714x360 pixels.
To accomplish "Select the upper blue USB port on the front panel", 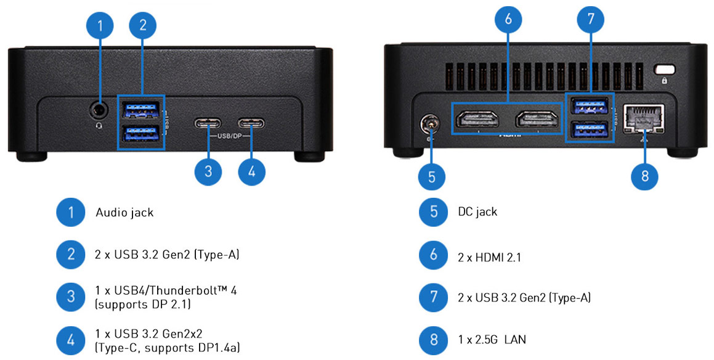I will tap(141, 110).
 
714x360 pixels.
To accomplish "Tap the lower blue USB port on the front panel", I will tap(141, 132).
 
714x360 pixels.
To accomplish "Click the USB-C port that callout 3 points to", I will tap(208, 123).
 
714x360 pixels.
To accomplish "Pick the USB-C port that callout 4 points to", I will tap(251, 123).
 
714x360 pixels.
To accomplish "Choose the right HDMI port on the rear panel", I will tap(538, 120).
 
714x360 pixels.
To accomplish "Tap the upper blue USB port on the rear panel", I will tap(590, 107).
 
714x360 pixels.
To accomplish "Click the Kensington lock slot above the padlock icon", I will tap(665, 69).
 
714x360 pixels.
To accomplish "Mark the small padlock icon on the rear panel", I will tap(665, 80).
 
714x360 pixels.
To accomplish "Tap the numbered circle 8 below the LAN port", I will tap(645, 176).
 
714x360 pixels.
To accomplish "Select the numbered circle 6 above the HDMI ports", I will tap(508, 19).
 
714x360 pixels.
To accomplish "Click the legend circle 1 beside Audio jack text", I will tap(71, 213).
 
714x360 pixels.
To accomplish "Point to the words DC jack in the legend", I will tap(477, 212).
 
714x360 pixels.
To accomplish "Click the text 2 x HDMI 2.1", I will tap(489, 257).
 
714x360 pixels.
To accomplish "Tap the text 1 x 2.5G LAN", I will tap(492, 339).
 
